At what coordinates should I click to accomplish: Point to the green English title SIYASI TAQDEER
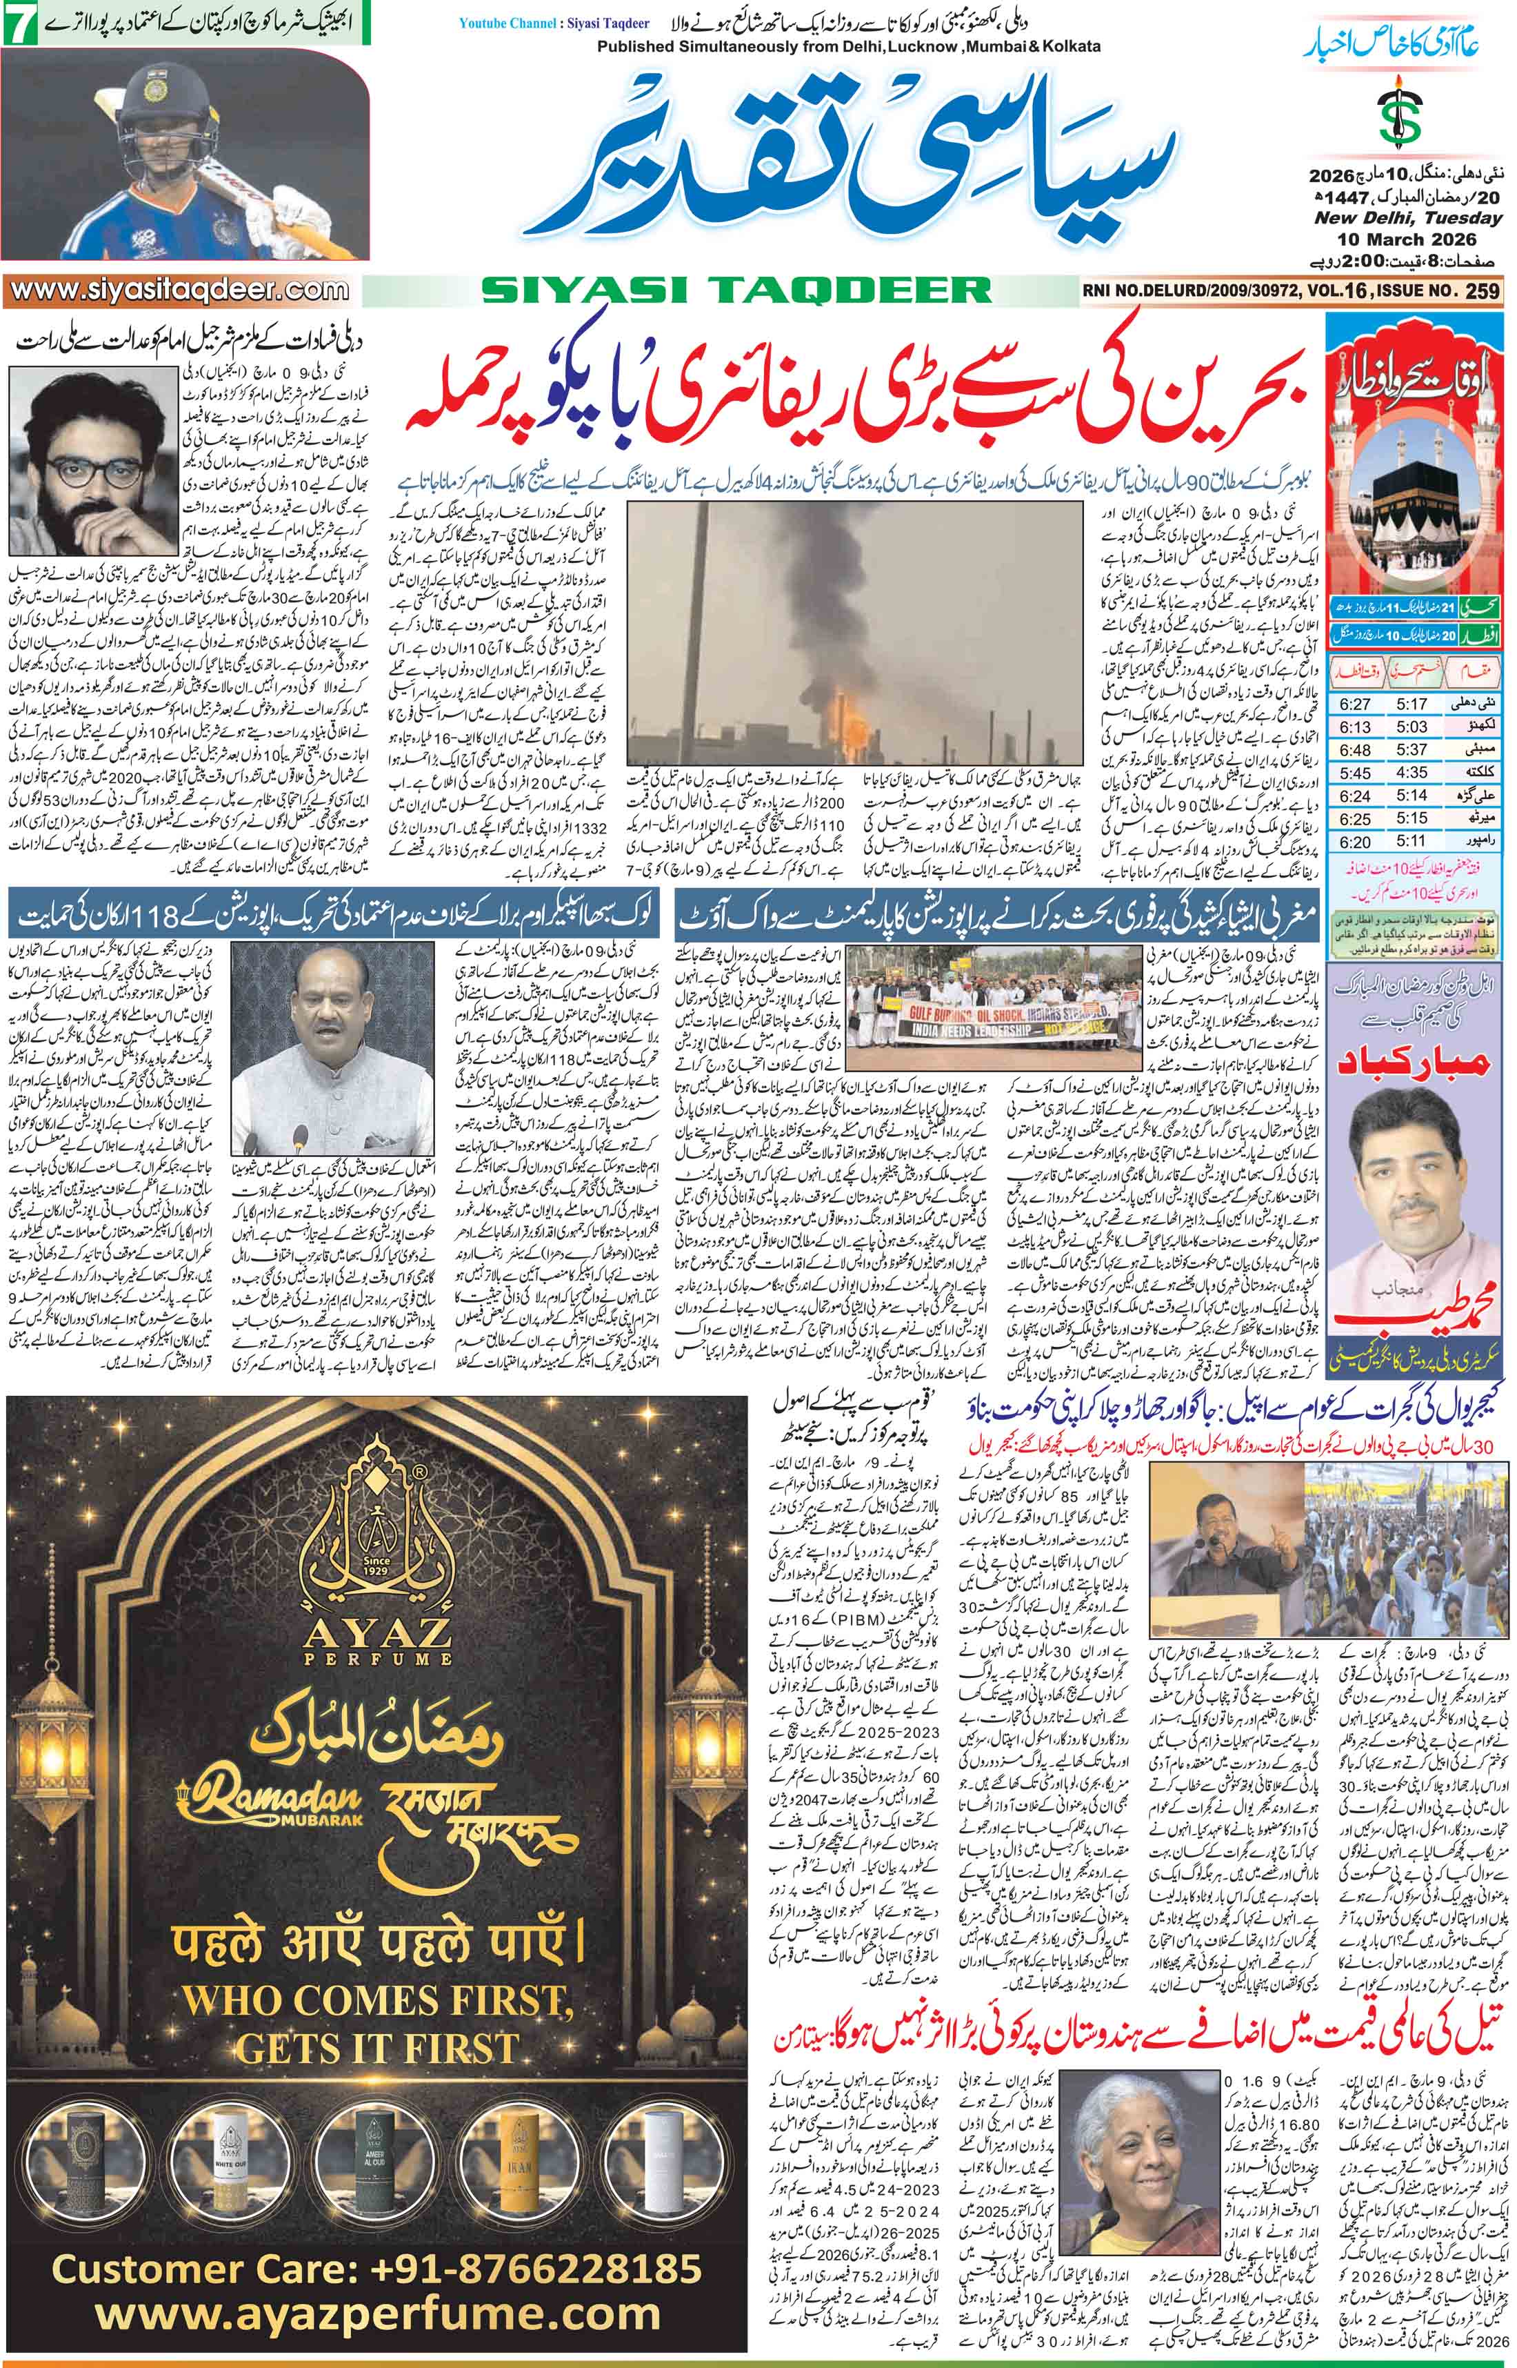[735, 290]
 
